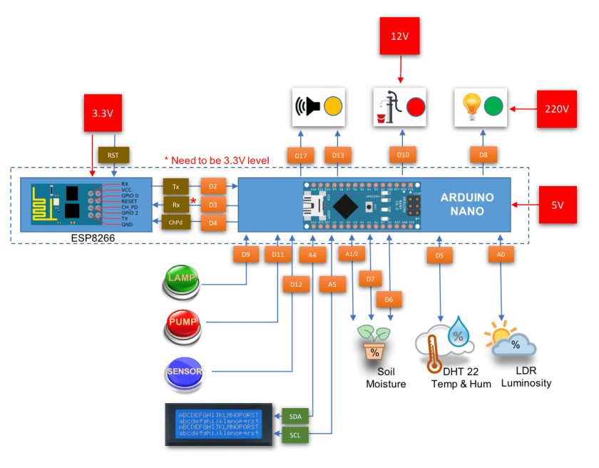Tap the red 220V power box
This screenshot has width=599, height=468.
click(556, 109)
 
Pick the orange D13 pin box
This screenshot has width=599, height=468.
click(337, 155)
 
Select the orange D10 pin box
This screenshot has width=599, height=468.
click(403, 155)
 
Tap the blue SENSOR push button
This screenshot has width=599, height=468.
click(185, 372)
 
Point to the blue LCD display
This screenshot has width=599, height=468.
click(219, 425)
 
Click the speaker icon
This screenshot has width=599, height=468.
click(307, 107)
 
